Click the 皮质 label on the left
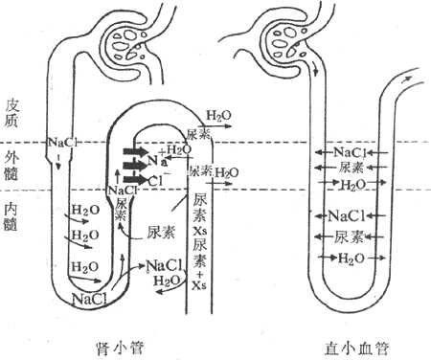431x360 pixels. point(12,111)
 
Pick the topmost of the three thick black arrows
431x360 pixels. point(135,151)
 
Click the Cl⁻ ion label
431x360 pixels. point(156,179)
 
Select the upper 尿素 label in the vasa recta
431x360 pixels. point(351,168)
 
